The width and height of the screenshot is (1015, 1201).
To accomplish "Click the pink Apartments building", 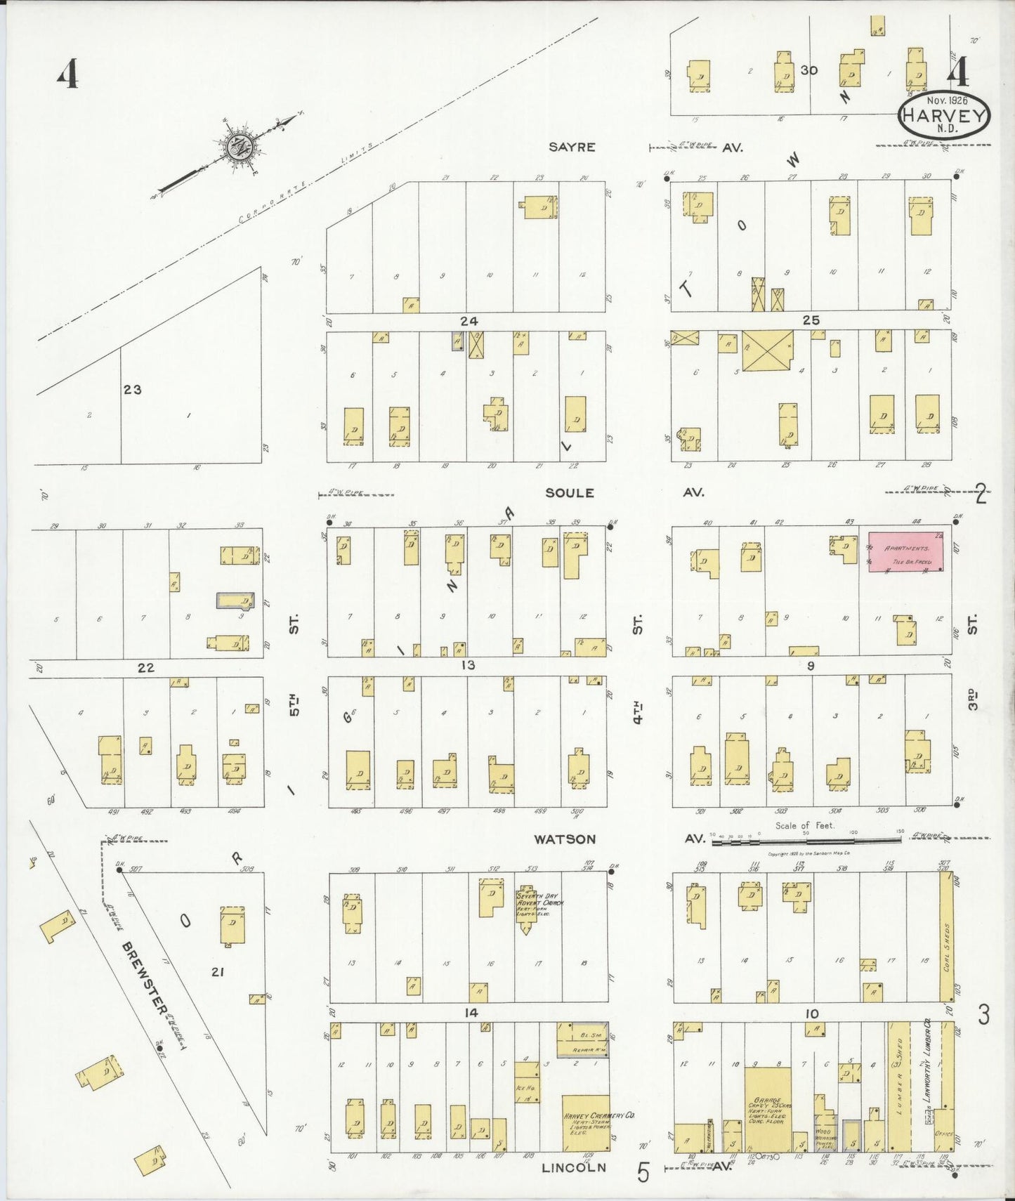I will pyautogui.click(x=906, y=551).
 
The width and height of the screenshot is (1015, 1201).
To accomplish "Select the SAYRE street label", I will pyautogui.click(x=572, y=147).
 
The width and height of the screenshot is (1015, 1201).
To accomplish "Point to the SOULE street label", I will pyautogui.click(x=570, y=493).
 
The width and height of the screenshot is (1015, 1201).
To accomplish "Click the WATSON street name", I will pyautogui.click(x=564, y=839).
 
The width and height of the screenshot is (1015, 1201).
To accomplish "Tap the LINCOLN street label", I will pyautogui.click(x=574, y=1167).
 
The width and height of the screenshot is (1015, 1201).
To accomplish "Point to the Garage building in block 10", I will pyautogui.click(x=768, y=1110).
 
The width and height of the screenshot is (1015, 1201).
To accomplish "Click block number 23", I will pyautogui.click(x=133, y=389).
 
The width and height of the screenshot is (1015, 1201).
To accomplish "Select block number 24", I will pyautogui.click(x=469, y=321).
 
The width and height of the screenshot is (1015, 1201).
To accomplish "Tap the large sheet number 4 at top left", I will pyautogui.click(x=67, y=74).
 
